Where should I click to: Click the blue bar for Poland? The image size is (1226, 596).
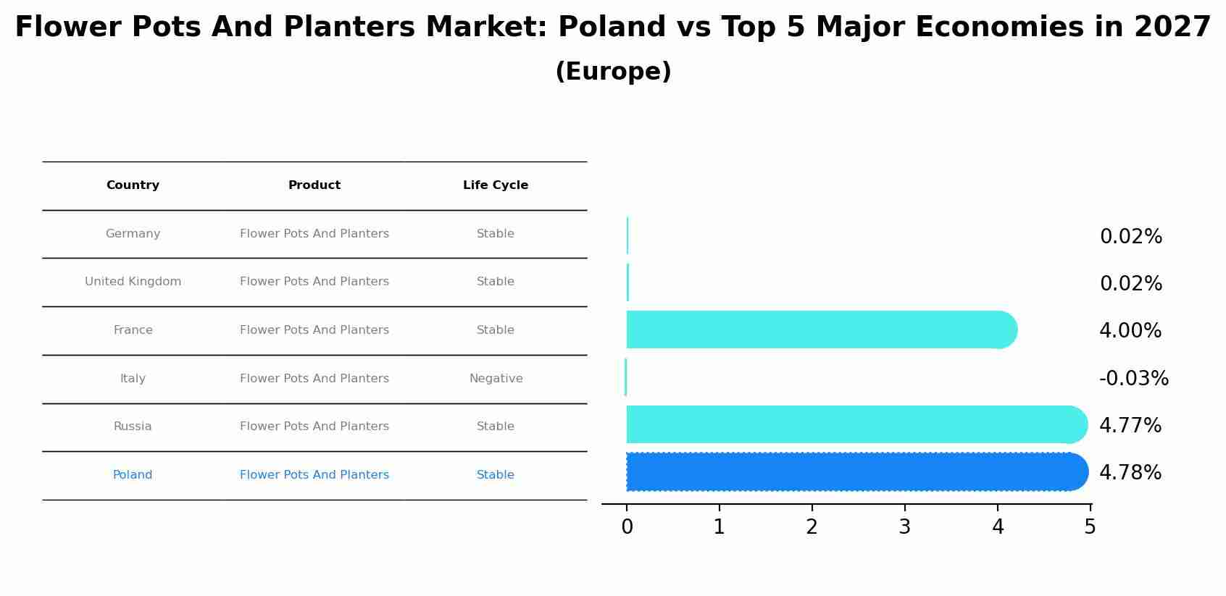tap(855, 472)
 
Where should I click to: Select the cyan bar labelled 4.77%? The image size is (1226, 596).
tap(855, 425)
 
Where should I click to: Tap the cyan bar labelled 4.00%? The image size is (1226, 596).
tap(819, 330)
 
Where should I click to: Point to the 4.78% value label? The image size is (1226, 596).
tap(1130, 473)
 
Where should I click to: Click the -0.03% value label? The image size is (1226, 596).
tap(1133, 379)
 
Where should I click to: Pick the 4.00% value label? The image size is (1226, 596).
tap(1130, 331)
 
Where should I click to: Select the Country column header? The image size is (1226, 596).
tap(133, 185)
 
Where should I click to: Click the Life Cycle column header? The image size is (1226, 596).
tap(496, 185)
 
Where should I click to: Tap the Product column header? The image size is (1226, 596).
tap(314, 185)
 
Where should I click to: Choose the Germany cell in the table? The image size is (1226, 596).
tap(133, 234)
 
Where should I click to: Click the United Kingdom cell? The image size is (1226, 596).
tap(133, 282)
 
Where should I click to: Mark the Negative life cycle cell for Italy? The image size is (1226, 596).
tap(496, 379)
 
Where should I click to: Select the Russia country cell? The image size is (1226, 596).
tap(133, 427)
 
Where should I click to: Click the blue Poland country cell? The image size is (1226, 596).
tap(133, 475)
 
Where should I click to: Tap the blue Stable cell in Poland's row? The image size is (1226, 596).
tap(496, 475)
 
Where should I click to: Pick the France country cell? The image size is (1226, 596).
tap(133, 330)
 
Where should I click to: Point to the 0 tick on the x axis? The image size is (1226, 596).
tap(627, 527)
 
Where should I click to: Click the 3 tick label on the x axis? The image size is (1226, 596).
tap(904, 527)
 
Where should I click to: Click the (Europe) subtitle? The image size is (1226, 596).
tap(613, 72)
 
